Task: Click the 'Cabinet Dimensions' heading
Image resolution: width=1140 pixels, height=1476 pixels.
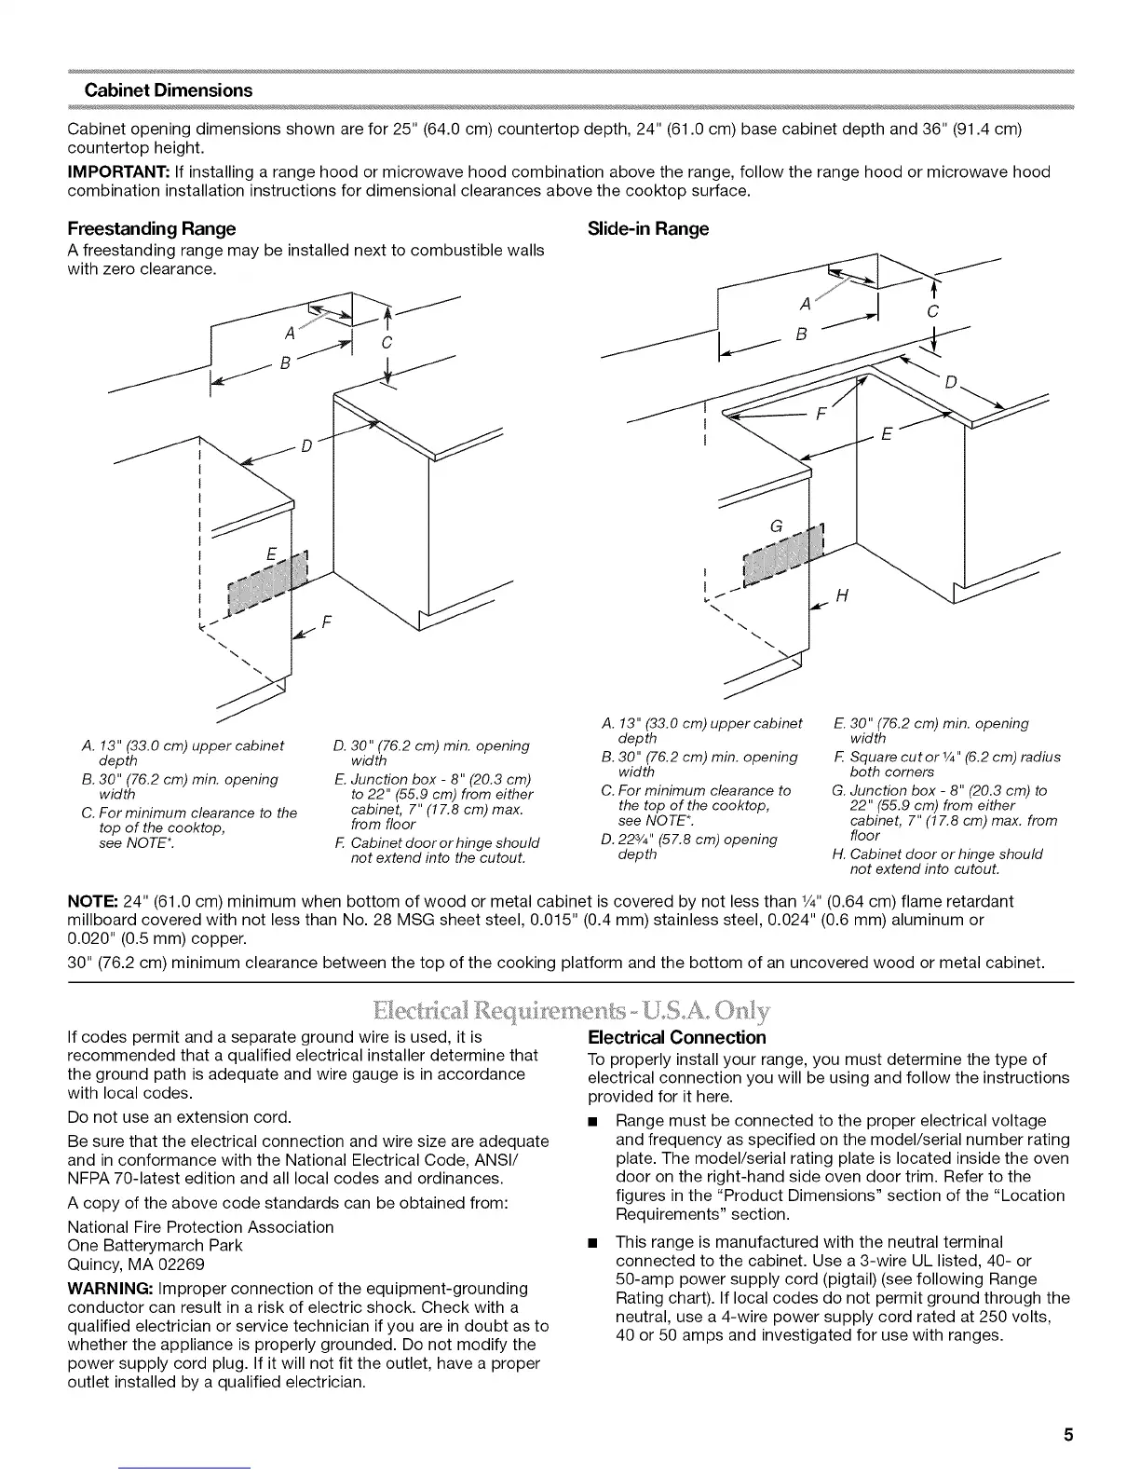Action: point(169,90)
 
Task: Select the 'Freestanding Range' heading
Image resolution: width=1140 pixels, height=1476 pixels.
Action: point(152,228)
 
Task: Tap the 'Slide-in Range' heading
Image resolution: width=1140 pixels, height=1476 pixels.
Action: point(648,228)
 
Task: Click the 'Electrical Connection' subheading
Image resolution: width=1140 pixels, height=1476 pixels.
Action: point(677,1037)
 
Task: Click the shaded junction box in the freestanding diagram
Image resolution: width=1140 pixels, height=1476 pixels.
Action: point(266,586)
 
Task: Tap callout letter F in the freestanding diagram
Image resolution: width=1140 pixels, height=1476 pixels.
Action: point(327,622)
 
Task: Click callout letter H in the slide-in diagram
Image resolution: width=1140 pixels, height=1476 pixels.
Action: point(842,596)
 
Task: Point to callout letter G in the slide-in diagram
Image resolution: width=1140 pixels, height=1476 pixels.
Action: point(775,526)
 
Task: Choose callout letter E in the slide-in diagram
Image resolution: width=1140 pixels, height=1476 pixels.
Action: point(886,434)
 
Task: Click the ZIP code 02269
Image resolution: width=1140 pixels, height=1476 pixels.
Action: point(182,1264)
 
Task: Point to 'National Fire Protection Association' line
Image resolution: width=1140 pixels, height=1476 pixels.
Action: point(200,1227)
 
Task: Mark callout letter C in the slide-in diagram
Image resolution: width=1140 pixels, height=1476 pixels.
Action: point(934,310)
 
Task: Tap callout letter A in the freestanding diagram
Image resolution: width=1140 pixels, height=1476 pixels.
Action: point(290,333)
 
